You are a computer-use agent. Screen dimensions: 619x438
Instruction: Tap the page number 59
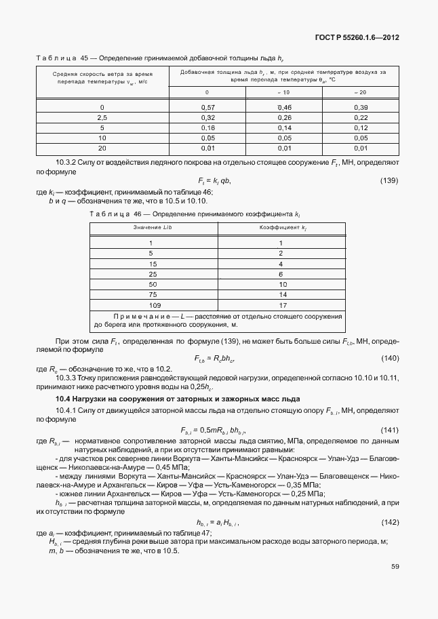point(394,567)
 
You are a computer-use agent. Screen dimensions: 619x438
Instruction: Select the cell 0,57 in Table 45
point(207,108)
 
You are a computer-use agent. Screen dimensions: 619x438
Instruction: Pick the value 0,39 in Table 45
point(360,108)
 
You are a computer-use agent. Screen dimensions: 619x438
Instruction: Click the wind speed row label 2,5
point(102,117)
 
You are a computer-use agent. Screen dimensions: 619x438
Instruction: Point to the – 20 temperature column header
point(360,92)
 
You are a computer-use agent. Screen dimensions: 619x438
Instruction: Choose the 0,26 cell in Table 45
point(284,117)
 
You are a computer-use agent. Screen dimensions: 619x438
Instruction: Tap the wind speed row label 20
point(102,147)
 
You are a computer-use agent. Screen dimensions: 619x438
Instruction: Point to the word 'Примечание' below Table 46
point(138,317)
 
